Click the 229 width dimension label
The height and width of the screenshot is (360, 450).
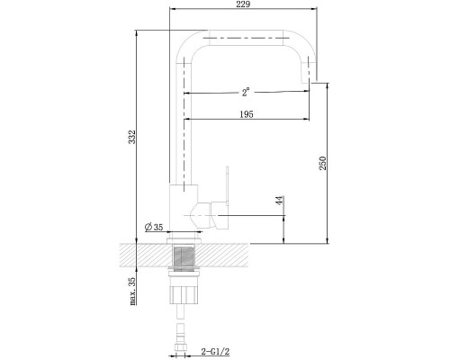[243, 4]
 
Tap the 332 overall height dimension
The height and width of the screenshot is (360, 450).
[132, 137]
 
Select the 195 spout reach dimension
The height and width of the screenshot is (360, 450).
[247, 114]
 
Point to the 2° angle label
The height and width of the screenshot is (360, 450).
[246, 92]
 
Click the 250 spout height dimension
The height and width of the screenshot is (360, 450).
[322, 163]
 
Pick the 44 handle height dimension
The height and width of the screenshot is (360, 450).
[279, 201]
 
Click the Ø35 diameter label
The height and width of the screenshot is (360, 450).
[154, 227]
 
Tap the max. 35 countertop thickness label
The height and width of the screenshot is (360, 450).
[132, 291]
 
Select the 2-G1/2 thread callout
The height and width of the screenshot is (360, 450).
[215, 351]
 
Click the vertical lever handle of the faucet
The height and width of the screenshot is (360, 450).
[227, 185]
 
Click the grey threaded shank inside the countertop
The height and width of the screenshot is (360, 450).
[184, 256]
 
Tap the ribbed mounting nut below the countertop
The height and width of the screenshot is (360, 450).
[184, 294]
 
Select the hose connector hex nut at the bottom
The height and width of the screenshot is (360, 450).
[181, 347]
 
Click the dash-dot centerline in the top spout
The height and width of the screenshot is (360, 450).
[246, 38]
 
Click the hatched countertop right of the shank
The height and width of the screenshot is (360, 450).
[222, 256]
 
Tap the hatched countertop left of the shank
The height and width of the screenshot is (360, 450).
[147, 256]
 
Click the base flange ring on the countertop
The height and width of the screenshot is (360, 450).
[184, 240]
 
